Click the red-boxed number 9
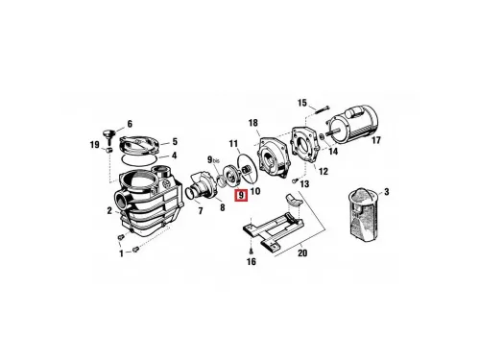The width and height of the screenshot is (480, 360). click(x=241, y=195)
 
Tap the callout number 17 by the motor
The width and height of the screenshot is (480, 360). click(x=376, y=140)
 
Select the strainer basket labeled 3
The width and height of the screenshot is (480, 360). click(x=363, y=215)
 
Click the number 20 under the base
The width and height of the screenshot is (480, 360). click(x=302, y=253)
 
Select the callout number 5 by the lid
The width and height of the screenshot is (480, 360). click(x=175, y=141)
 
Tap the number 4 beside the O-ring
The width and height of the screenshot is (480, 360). click(x=174, y=156)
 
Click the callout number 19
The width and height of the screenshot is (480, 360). click(x=94, y=145)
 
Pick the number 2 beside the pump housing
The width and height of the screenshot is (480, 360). click(x=109, y=211)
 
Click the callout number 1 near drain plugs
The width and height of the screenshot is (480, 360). click(x=121, y=253)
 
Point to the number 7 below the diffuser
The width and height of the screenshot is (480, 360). click(x=201, y=211)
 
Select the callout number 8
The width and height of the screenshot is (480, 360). click(x=223, y=207)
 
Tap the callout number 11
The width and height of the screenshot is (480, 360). click(x=234, y=143)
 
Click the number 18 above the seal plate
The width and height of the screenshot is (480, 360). click(x=252, y=123)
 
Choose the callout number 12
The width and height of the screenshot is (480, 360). click(x=324, y=171)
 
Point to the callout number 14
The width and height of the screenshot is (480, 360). click(x=333, y=151)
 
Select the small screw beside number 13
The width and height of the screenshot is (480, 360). click(x=295, y=180)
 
